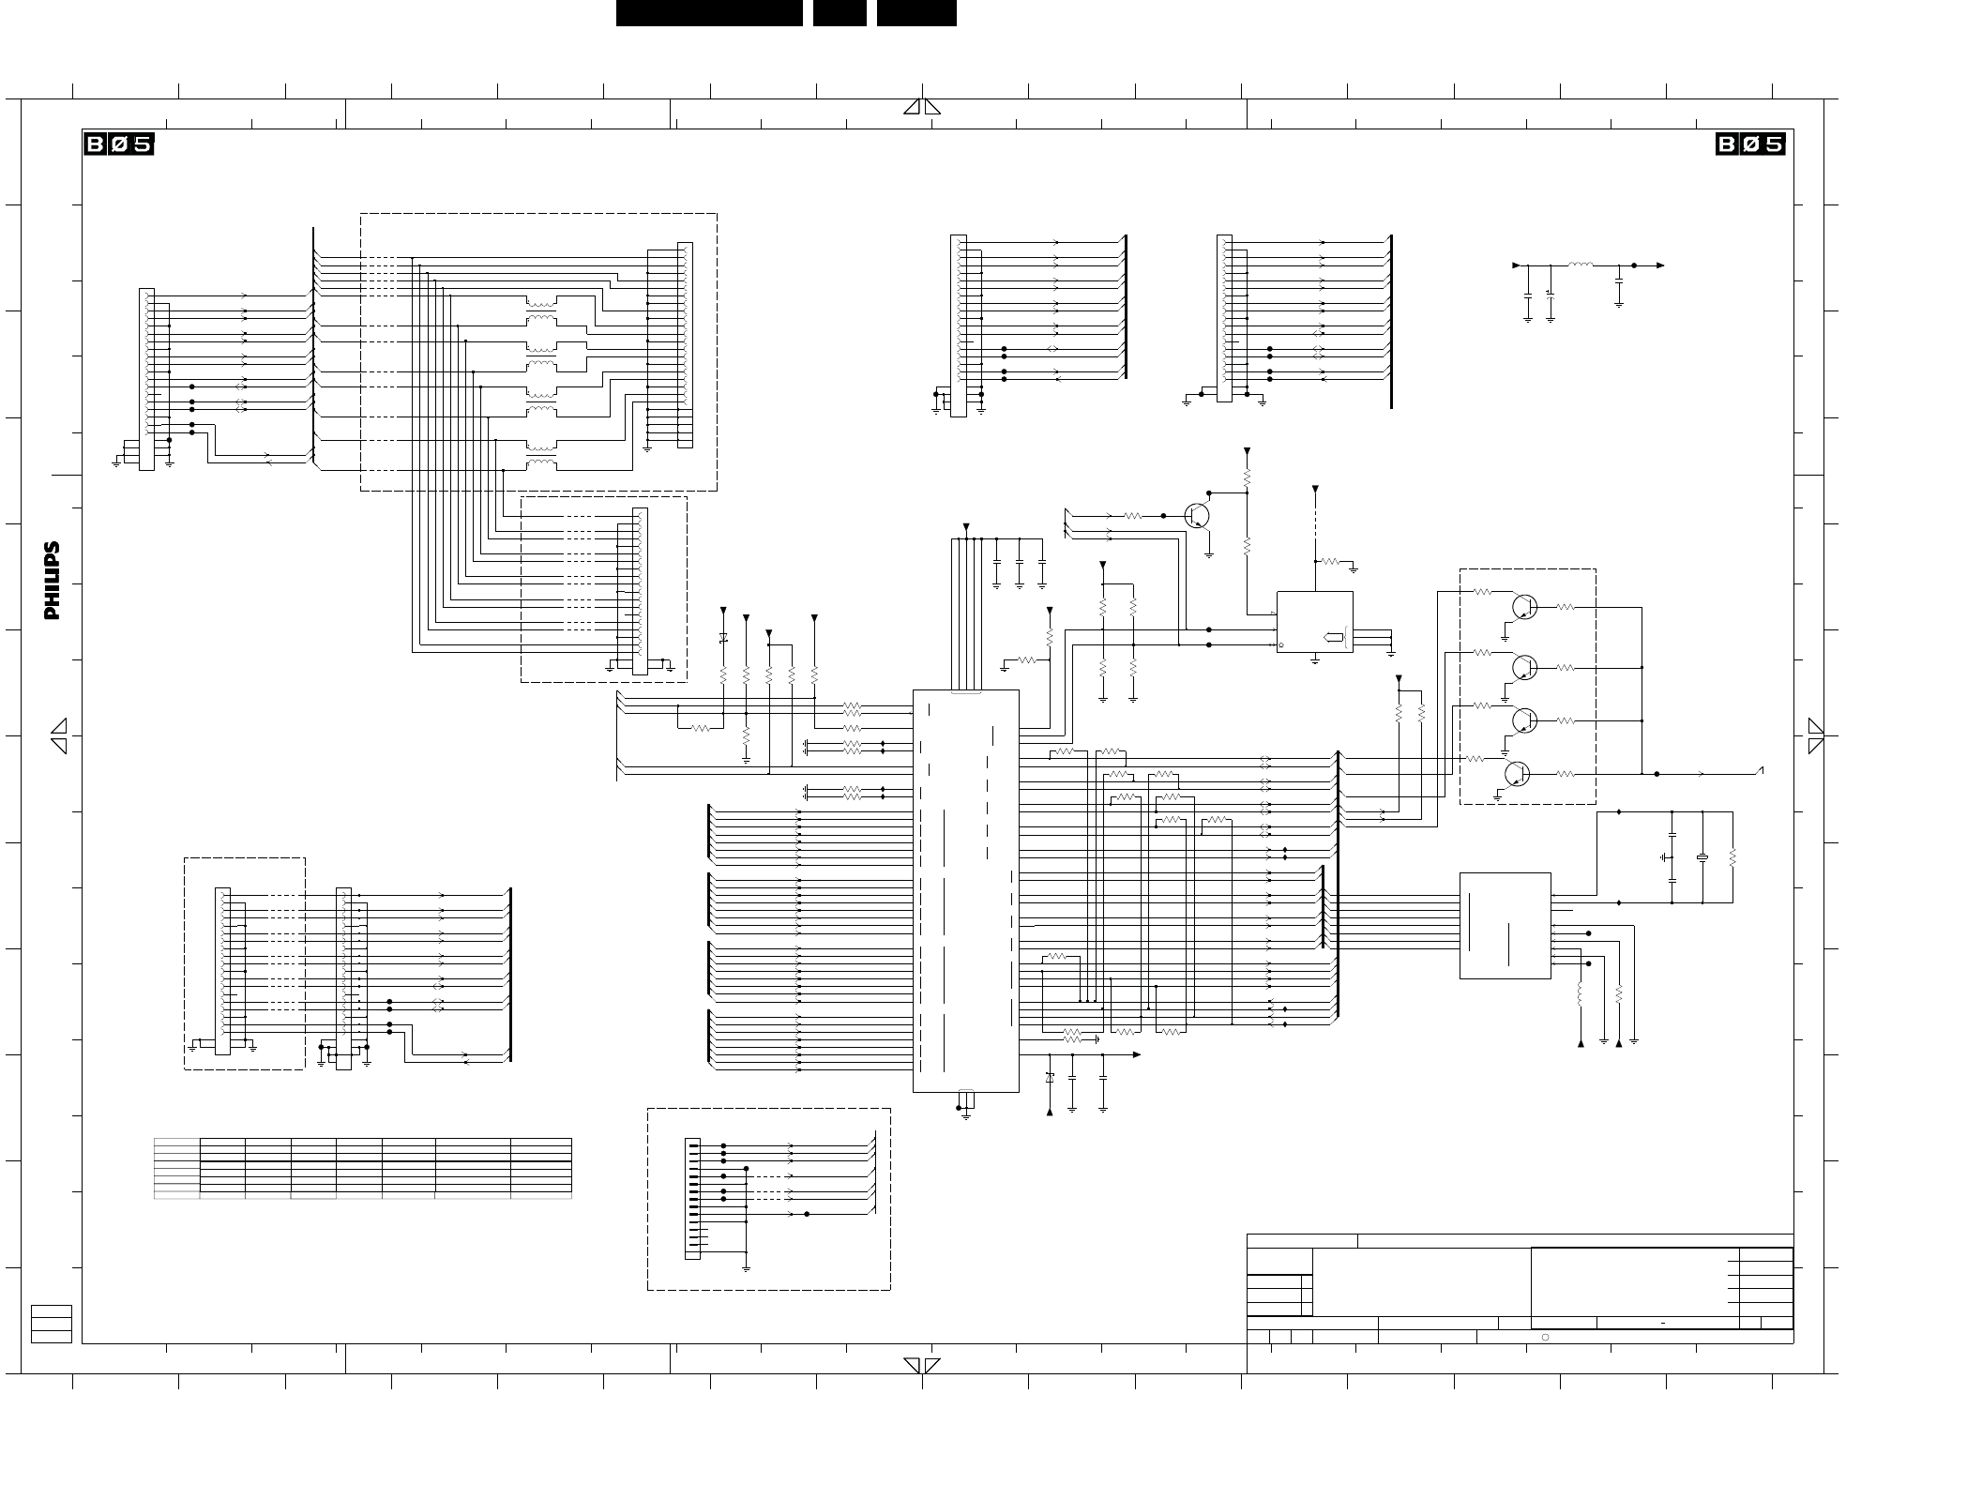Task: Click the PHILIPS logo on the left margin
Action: [x=53, y=581]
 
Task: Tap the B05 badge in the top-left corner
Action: [x=118, y=144]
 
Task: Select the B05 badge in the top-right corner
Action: [x=1750, y=144]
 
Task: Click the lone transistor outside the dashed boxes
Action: [x=1197, y=515]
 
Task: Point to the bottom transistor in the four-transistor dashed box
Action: [x=1517, y=774]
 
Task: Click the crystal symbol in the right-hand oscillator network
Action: [x=1702, y=857]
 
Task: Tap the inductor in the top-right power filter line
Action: [x=1581, y=265]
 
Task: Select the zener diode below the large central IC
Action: [x=1050, y=1078]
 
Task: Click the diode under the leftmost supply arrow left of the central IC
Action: [x=723, y=638]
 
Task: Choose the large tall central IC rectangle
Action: [x=965, y=891]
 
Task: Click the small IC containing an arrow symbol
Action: [x=1314, y=622]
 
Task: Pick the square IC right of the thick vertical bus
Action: [x=1505, y=926]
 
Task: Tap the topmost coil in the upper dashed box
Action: [x=541, y=303]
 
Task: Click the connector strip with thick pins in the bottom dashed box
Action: [x=692, y=1199]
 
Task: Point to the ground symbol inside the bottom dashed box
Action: [x=746, y=1267]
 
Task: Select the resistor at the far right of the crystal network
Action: [x=1732, y=857]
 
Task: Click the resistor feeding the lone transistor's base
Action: [x=1132, y=515]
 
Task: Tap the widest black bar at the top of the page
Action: [x=709, y=13]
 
